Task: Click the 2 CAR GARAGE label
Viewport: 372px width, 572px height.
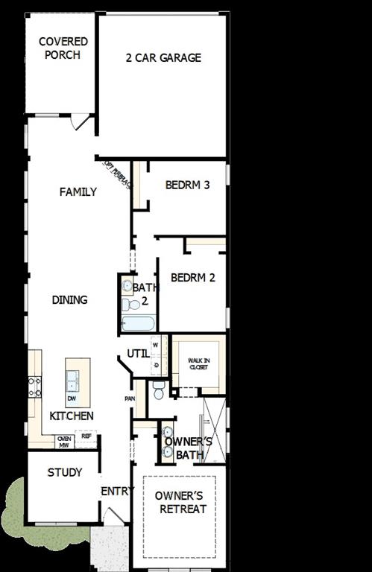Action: click(163, 57)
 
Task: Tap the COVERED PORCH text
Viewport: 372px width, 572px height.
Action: click(63, 48)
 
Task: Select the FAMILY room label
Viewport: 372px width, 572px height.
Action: click(78, 192)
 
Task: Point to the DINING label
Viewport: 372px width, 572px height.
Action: click(69, 300)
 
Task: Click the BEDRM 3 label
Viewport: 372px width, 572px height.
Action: click(187, 185)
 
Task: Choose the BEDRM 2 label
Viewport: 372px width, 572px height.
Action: click(193, 278)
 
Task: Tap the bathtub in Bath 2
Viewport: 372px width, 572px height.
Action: click(138, 323)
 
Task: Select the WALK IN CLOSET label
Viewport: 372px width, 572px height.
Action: click(198, 363)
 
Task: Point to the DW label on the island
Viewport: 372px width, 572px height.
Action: click(72, 398)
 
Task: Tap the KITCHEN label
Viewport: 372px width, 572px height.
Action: click(72, 416)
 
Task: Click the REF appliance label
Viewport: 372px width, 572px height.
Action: click(86, 436)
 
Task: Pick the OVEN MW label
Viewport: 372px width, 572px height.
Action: click(64, 442)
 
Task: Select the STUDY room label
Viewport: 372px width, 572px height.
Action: click(65, 473)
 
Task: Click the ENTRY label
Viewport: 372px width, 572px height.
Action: click(118, 491)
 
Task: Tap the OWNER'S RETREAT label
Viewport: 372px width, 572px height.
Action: click(180, 503)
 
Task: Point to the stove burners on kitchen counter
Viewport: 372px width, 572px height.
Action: click(34, 387)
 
